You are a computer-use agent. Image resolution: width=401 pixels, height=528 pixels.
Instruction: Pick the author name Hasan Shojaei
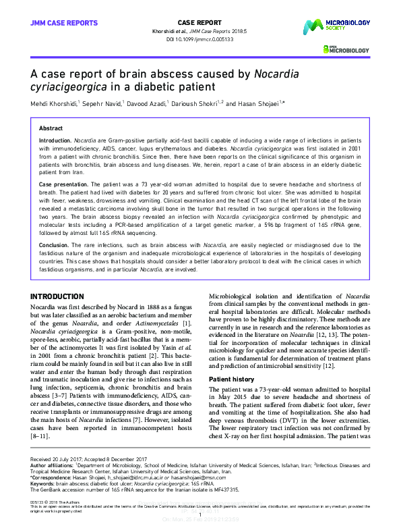[x=260, y=104]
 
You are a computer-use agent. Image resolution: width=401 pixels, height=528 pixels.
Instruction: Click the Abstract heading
[x=51, y=128]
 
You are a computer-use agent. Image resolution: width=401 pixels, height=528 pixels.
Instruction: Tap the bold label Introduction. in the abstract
[x=55, y=140]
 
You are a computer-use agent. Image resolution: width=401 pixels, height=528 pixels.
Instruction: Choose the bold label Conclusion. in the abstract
[x=54, y=246]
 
